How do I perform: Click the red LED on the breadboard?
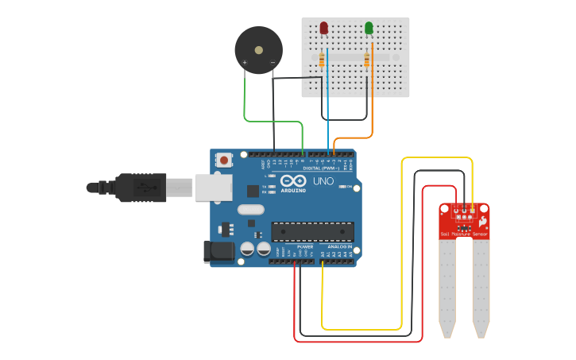pos(323,29)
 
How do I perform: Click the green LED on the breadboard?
pos(369,29)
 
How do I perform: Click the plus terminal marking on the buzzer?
pos(245,62)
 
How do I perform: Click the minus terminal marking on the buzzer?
pos(273,62)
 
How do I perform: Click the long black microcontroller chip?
pos(312,231)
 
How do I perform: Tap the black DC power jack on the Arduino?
pos(219,252)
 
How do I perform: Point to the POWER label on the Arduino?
pos(305,246)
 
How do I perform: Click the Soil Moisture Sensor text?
pos(465,234)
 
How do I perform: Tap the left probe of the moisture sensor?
pos(447,286)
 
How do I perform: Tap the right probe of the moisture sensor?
pos(481,286)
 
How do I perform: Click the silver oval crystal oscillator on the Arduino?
pos(249,211)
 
